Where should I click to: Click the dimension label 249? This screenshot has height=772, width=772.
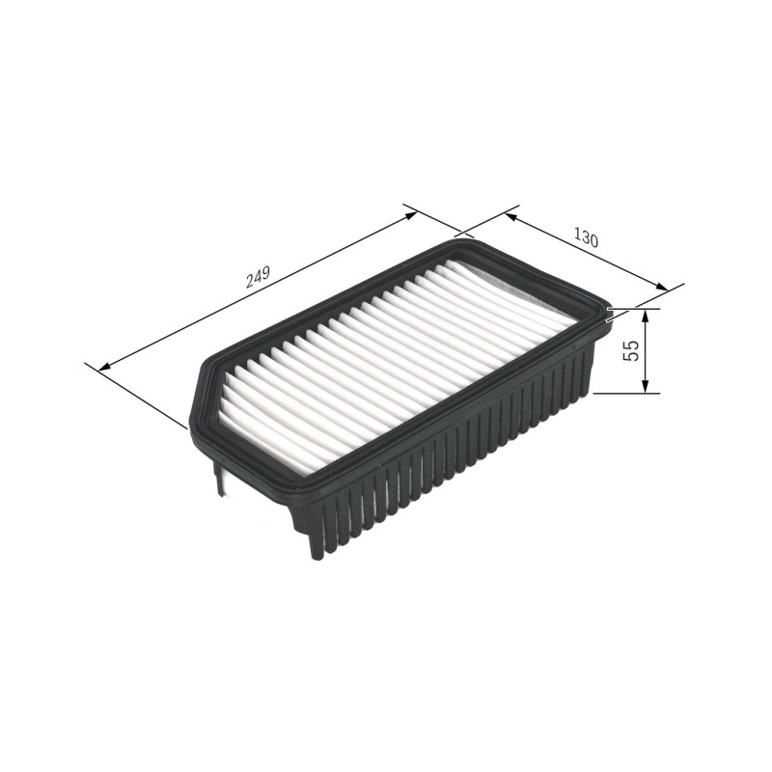[258, 277]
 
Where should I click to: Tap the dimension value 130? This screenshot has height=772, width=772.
[585, 238]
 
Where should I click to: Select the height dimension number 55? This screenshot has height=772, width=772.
[631, 350]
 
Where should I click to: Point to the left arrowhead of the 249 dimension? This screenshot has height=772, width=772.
[105, 367]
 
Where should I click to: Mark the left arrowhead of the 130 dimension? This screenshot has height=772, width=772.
[510, 216]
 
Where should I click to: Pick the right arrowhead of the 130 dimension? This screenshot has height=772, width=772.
[662, 287]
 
